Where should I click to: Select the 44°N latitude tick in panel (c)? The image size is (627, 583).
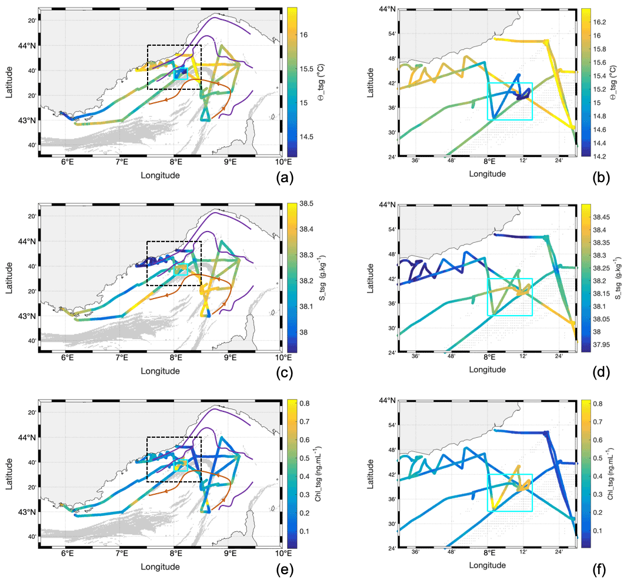click(27, 241)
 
